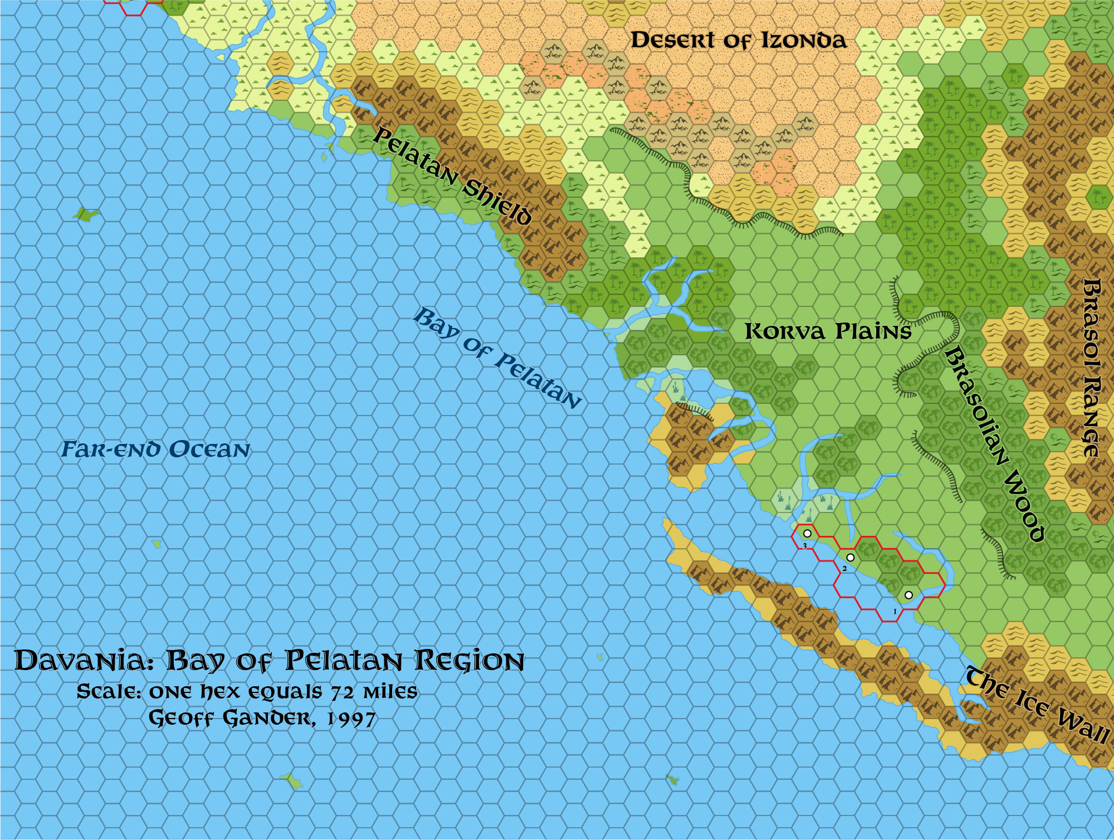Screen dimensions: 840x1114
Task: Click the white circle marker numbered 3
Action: [807, 534]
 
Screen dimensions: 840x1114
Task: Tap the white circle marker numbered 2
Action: [850, 558]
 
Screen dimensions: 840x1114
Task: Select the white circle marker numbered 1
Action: [908, 595]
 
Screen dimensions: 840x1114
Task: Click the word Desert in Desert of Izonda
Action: [672, 40]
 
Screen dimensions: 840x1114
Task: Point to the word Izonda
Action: [803, 40]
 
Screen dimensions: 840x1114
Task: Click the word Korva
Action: [785, 332]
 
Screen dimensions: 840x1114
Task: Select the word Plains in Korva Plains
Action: [873, 332]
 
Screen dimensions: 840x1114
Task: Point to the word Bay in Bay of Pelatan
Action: [436, 323]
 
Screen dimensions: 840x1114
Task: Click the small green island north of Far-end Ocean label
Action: [86, 214]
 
